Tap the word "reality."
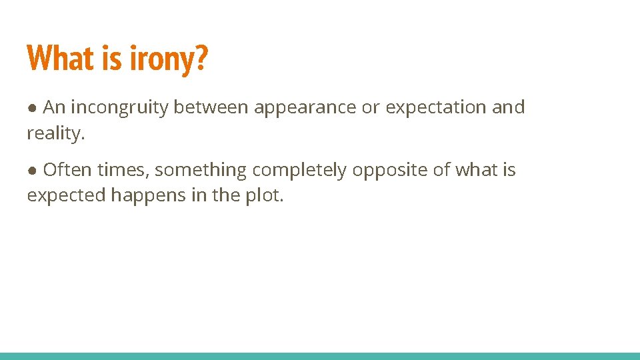click(x=56, y=133)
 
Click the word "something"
click(x=201, y=170)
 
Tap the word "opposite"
click(x=390, y=170)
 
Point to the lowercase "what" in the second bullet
click(x=476, y=170)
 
